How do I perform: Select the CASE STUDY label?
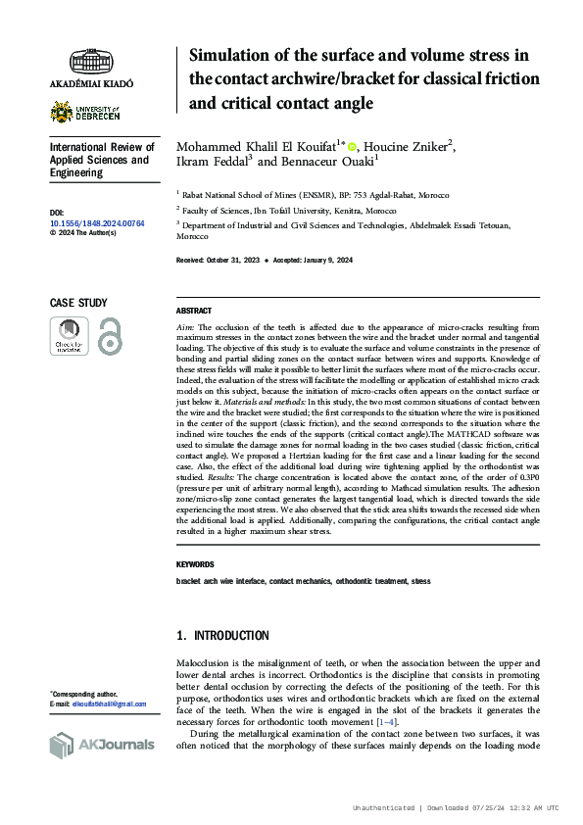[78, 304]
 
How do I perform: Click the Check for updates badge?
[70, 336]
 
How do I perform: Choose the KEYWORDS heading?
[196, 565]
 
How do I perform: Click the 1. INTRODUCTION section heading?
[222, 636]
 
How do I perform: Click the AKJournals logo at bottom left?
[102, 745]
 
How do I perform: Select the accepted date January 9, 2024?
[329, 260]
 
